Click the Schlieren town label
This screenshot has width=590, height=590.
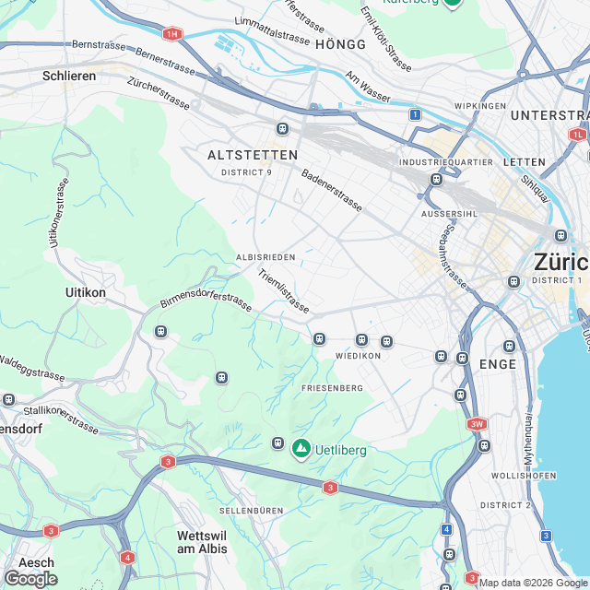point(69,76)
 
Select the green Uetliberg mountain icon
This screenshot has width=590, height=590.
point(301,449)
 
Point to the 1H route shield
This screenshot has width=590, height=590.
point(171,34)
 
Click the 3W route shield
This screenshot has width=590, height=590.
point(476,424)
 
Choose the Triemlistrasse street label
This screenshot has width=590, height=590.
point(283,290)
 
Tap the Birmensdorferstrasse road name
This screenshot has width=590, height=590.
point(206,303)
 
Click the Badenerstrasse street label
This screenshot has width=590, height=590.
point(331,189)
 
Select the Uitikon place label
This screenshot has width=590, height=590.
point(86,292)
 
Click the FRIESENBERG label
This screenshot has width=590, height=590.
point(333,389)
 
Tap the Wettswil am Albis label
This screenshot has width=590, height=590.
point(201,541)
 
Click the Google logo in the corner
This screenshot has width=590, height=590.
point(29,578)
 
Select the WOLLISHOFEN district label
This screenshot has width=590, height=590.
point(522,475)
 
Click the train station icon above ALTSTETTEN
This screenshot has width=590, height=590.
point(282,128)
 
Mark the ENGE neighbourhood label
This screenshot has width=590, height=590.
point(498,365)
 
